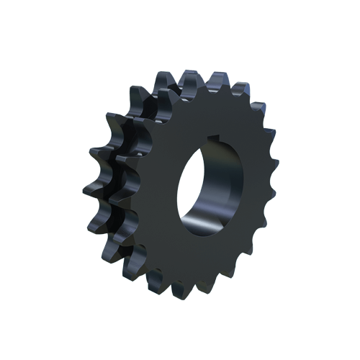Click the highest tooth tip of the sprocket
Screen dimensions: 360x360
coord(192,74)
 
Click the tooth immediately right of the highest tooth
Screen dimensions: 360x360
coord(216,78)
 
